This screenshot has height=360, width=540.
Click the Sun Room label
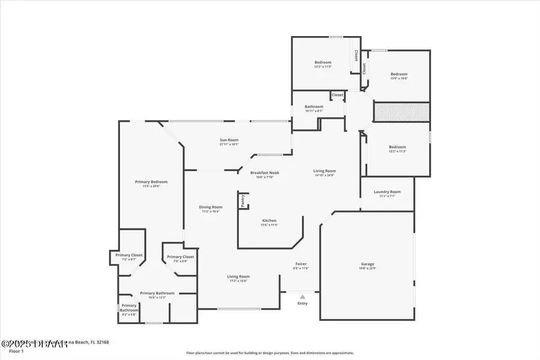[229, 140]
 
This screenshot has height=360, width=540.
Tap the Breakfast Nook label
[265, 173]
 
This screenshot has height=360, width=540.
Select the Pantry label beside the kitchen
[244, 200]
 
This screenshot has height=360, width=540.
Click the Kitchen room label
[269, 221]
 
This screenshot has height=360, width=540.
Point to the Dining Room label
[211, 208]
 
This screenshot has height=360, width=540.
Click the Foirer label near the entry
[301, 264]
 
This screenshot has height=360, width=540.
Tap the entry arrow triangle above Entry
[302, 296]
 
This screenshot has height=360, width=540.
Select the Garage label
[367, 264]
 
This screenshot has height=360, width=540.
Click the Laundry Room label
[387, 192]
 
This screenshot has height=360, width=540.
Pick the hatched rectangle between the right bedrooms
[401, 112]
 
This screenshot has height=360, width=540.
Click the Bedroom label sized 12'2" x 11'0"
[323, 62]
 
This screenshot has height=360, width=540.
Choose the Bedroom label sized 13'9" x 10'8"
[399, 74]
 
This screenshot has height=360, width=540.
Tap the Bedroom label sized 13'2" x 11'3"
[397, 147]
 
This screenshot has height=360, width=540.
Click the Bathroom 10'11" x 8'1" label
[314, 107]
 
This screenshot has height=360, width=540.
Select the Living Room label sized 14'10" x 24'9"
[325, 171]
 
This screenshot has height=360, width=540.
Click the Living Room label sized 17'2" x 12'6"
[238, 277]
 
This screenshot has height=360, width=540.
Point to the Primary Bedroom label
[151, 182]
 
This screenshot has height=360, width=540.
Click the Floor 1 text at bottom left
[17, 351]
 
